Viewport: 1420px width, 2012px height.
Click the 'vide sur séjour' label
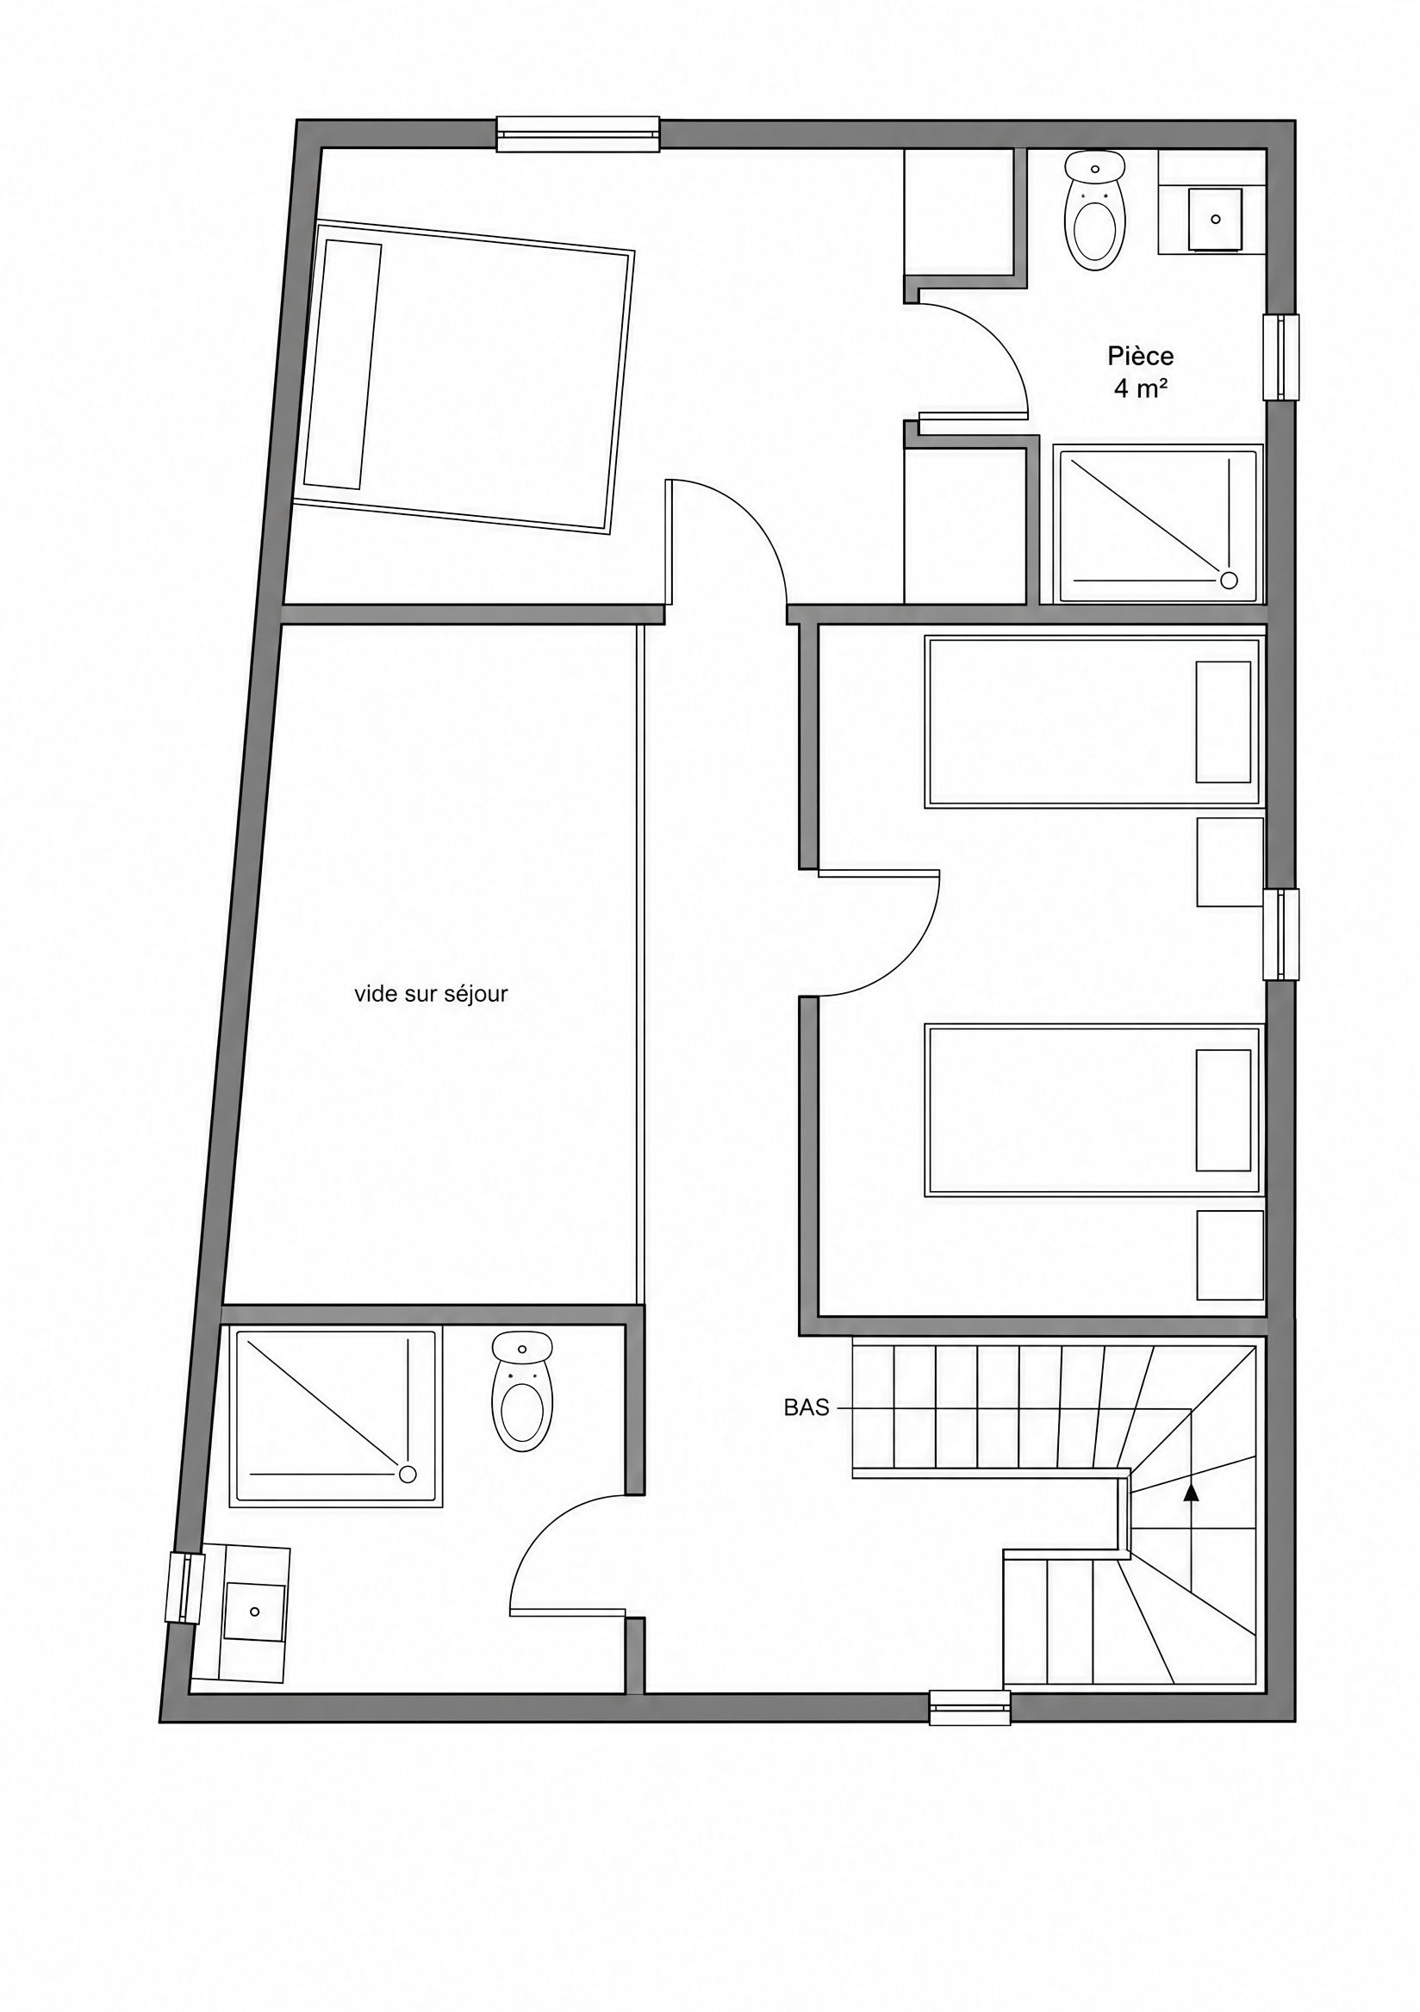coord(432,994)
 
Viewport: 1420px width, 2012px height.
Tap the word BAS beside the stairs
coord(807,1408)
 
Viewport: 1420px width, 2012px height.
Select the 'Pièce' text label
coord(1140,357)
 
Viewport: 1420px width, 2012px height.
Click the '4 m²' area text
coord(1140,389)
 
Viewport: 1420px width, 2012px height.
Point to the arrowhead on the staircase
coord(1190,1493)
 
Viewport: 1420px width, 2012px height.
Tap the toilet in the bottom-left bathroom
coord(521,1393)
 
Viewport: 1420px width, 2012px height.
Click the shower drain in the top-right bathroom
coord(1229,580)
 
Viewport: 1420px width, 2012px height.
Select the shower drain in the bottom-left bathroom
coord(408,1474)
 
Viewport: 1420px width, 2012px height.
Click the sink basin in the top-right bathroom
coord(1215,219)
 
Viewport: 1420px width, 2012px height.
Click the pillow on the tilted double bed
coord(343,364)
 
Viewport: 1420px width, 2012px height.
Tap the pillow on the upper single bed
coord(1223,721)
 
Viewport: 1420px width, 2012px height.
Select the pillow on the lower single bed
coord(1223,1110)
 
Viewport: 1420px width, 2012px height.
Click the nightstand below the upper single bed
coord(1230,862)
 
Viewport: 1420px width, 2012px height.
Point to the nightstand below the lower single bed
coord(1230,1255)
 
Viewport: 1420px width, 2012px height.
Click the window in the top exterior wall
coord(577,134)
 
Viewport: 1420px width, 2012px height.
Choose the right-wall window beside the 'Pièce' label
coord(1280,357)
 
